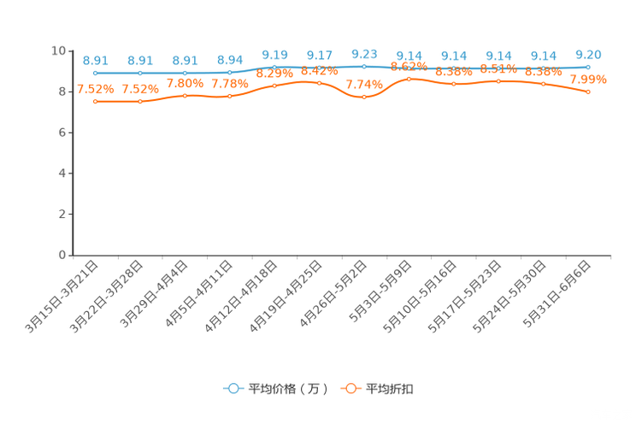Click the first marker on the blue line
click(96, 74)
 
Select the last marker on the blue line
click(588, 67)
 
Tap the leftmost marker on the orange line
click(96, 101)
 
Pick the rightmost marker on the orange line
click(588, 91)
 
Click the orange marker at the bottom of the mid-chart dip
click(364, 97)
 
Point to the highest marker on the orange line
click(409, 79)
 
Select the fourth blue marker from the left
click(230, 73)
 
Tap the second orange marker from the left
click(140, 101)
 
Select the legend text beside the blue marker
click(287, 389)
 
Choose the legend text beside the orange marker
click(391, 389)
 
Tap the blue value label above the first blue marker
click(96, 60)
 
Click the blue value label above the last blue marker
click(588, 55)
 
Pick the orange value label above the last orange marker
click(588, 79)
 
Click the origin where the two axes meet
click(74, 255)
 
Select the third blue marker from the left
click(185, 73)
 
